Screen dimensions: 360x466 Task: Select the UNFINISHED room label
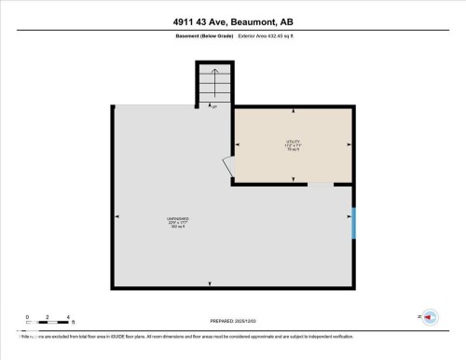coord(177,222)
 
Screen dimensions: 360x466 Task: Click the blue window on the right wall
coord(353,223)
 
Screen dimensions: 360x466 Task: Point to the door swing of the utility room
coord(226,166)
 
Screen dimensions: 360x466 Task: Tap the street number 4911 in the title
coord(187,21)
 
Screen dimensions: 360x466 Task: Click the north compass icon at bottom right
coord(430,317)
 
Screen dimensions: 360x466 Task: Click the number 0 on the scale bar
coord(27,318)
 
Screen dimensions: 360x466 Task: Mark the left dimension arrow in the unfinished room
coord(117,218)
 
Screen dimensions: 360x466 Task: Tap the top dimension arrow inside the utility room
coord(294,113)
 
